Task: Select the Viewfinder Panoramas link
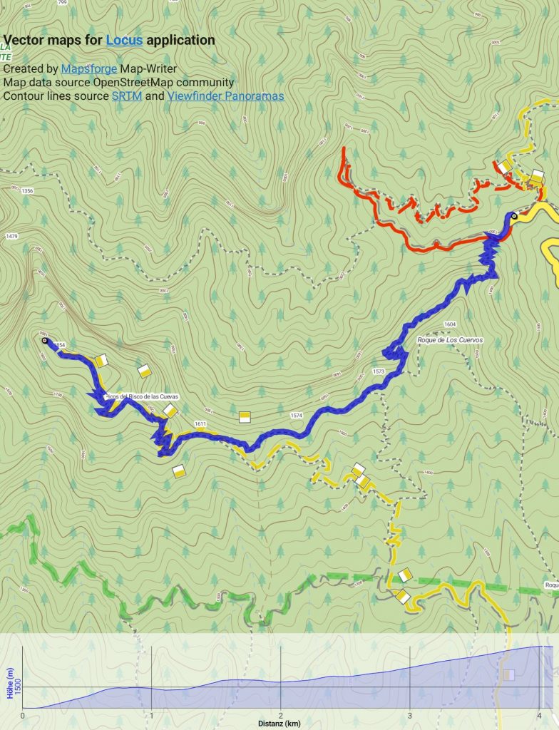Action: click(225, 96)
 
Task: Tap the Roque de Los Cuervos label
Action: click(449, 340)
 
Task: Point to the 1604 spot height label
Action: click(449, 324)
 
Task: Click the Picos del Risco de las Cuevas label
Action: click(140, 396)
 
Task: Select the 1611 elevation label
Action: click(200, 424)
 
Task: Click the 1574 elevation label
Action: click(297, 416)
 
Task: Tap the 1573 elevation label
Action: click(378, 372)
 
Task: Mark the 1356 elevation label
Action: click(28, 191)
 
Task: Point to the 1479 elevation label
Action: click(11, 236)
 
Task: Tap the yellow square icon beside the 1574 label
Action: click(245, 417)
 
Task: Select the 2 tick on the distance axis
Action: click(281, 714)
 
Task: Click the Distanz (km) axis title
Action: click(279, 724)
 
